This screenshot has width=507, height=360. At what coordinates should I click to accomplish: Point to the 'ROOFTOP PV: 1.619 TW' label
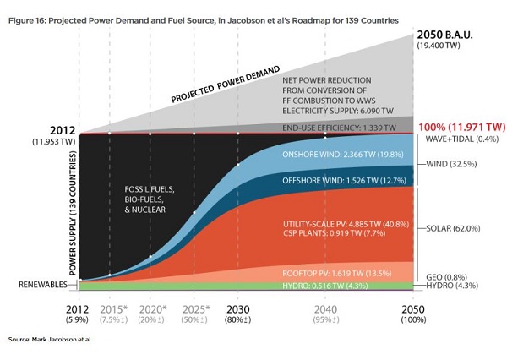335,274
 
